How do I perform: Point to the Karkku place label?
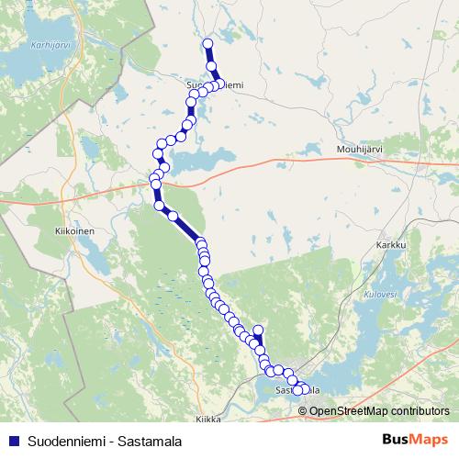tap(390, 246)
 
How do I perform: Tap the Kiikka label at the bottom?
tap(208, 419)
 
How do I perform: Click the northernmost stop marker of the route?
tap(207, 43)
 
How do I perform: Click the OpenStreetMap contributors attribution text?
tap(379, 410)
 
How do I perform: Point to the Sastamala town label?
tap(297, 389)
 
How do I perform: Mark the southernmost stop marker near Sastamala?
tap(297, 392)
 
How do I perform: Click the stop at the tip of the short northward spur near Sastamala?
tap(258, 330)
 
